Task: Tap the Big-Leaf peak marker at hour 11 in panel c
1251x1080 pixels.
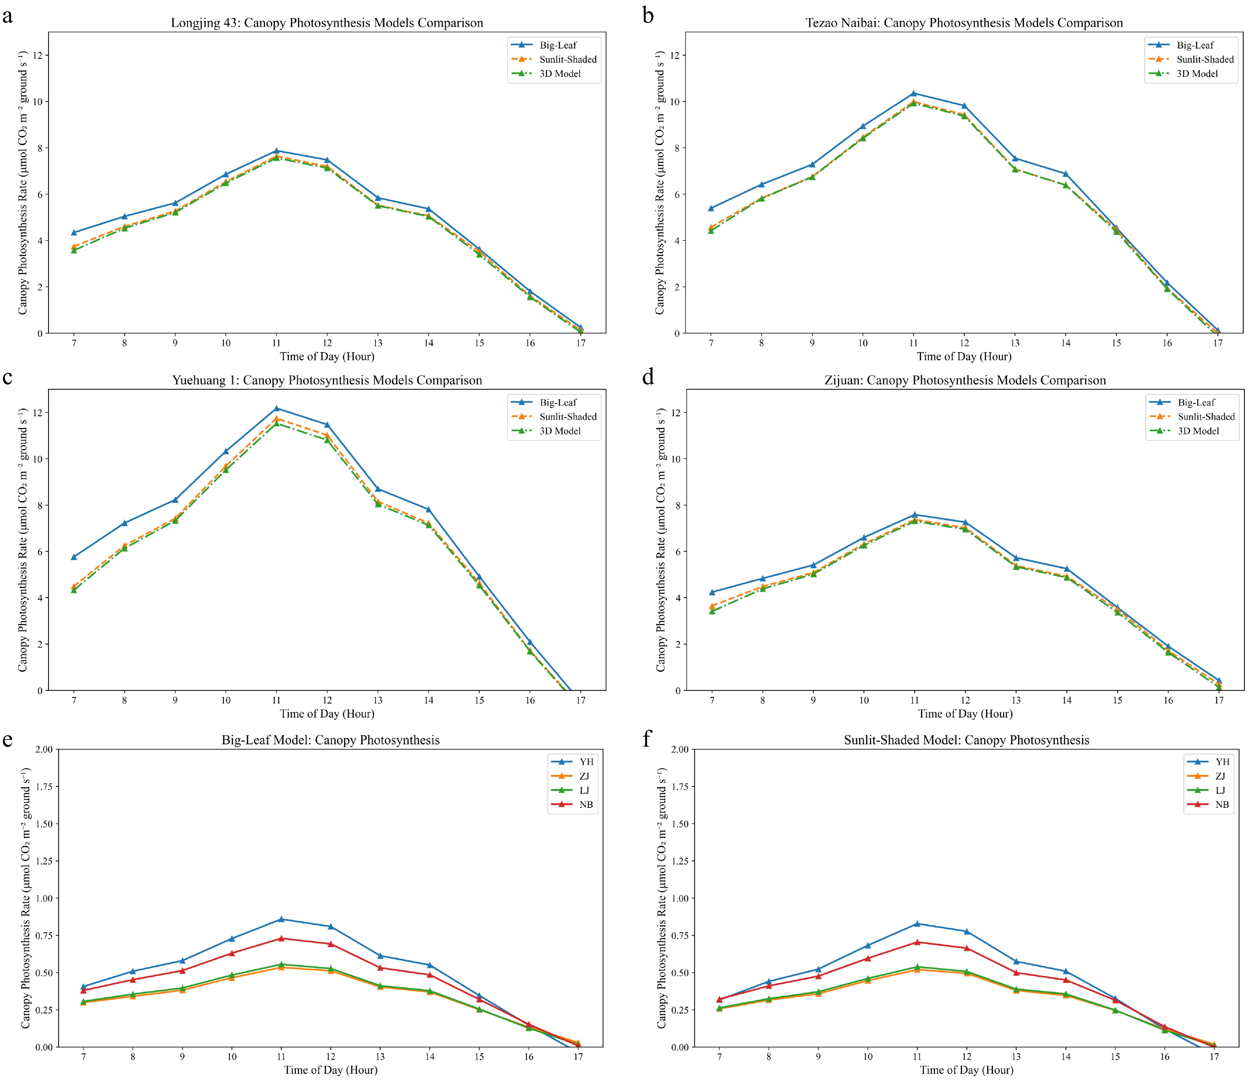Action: [277, 409]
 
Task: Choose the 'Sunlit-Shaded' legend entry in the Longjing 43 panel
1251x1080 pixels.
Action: [568, 59]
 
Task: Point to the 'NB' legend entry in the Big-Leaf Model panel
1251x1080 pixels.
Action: [586, 804]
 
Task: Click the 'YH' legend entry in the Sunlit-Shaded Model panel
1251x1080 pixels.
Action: [1222, 761]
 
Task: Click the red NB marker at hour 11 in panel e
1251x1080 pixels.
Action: [281, 938]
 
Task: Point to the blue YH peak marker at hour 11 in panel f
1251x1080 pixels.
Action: [917, 924]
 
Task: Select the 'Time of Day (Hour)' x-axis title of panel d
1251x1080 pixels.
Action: [965, 714]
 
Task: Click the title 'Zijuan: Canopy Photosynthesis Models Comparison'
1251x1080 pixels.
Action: [965, 380]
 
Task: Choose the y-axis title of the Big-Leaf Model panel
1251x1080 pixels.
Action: [25, 898]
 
